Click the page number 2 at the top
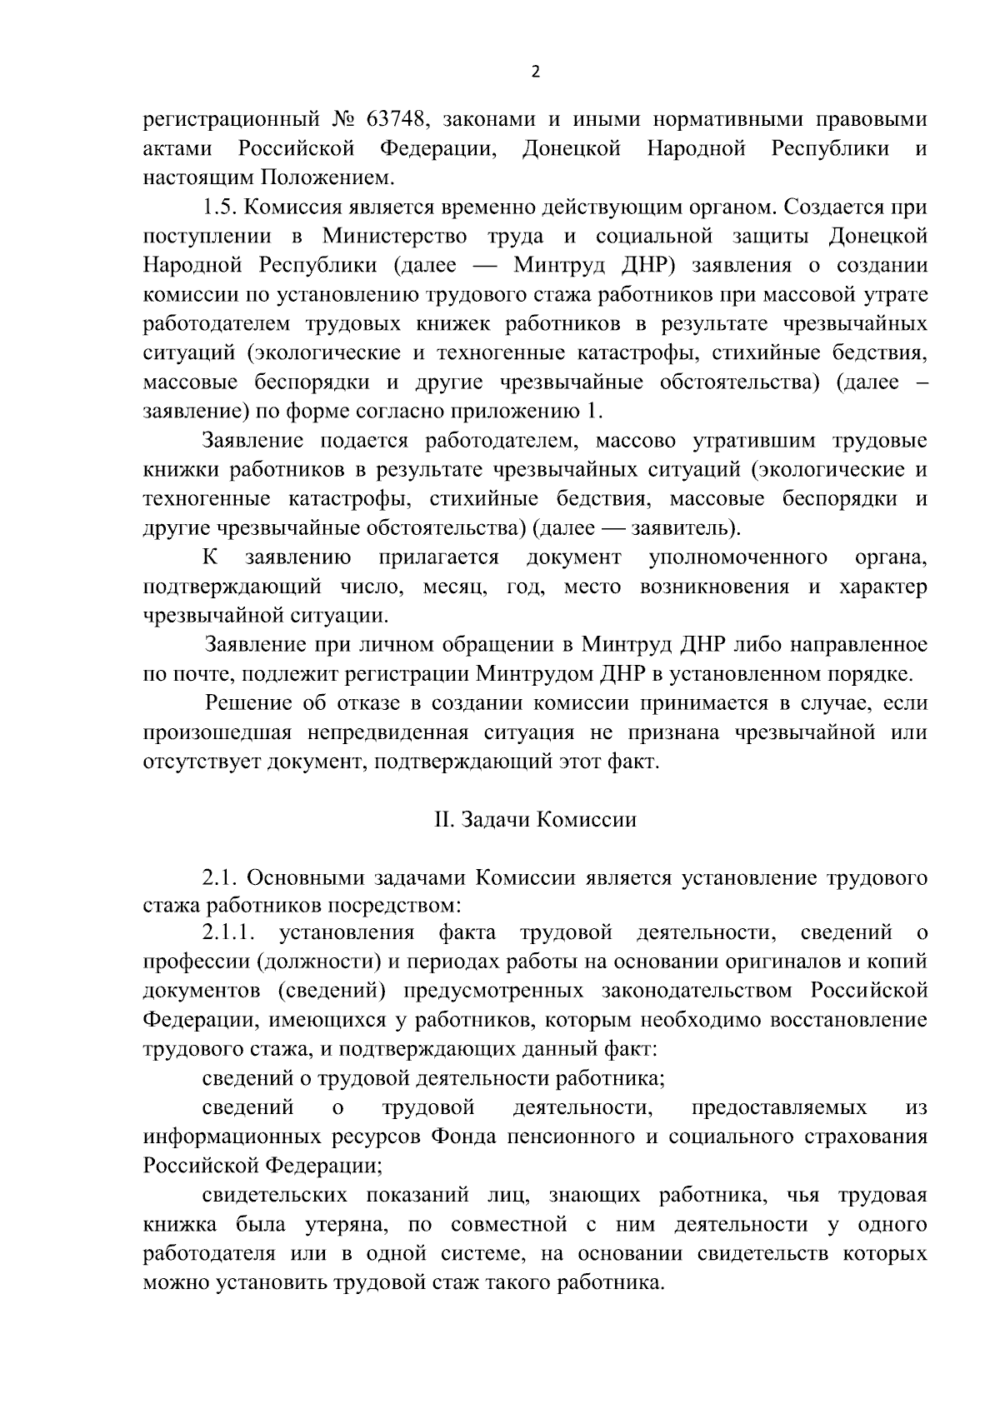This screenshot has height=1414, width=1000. (535, 72)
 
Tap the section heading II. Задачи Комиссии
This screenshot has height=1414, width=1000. (535, 819)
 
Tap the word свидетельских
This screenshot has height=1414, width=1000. (274, 1195)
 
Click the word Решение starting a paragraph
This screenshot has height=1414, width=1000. (247, 703)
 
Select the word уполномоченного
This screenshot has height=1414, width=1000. (737, 557)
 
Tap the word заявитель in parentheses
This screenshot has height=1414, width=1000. (681, 527)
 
